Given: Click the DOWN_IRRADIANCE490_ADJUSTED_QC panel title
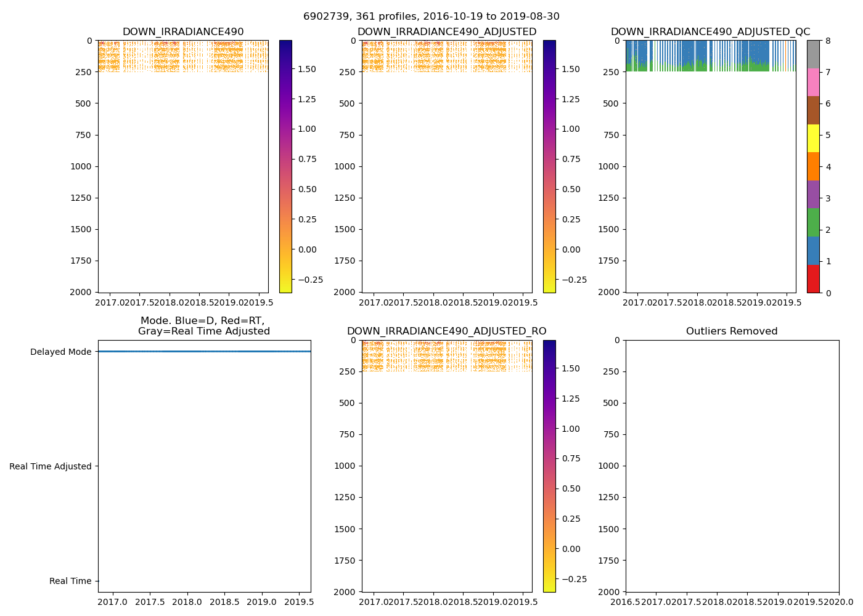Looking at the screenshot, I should [710, 32].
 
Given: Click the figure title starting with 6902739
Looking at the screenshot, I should [431, 17].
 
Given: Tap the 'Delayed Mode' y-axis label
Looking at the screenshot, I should [60, 352].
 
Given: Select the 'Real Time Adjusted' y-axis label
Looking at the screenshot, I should [51, 467].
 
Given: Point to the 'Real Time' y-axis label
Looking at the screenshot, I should [70, 582].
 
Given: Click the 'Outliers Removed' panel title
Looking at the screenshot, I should [732, 331].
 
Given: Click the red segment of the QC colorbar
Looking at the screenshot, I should [813, 278].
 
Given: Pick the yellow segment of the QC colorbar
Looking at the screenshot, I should [813, 138].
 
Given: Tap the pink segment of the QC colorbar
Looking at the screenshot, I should [813, 82].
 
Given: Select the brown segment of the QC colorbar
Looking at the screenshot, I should [813, 110].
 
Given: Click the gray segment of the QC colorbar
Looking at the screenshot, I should [813, 54].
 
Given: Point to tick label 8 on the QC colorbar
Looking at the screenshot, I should [828, 41].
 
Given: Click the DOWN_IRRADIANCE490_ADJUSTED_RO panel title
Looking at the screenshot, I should [446, 331].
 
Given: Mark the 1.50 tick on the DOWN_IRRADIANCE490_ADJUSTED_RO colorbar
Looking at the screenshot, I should [571, 369].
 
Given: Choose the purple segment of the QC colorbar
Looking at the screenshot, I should [813, 194].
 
